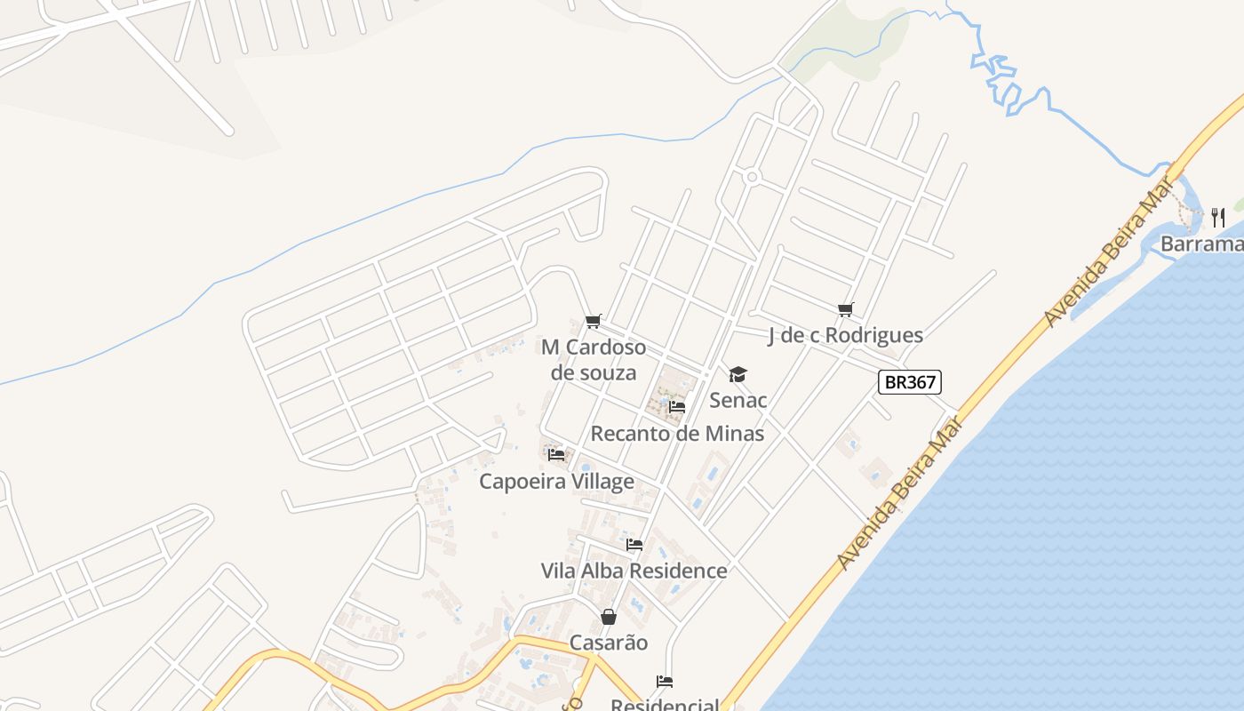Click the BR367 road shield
pyautogui.click(x=909, y=382)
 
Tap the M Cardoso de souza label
pyautogui.click(x=594, y=360)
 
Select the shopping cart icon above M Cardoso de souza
pyautogui.click(x=594, y=321)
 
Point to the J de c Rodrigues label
pyautogui.click(x=845, y=335)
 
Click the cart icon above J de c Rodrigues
pyautogui.click(x=845, y=309)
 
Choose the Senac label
pyautogui.click(x=738, y=400)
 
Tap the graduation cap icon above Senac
pyautogui.click(x=738, y=374)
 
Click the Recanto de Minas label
pyautogui.click(x=677, y=434)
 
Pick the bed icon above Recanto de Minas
pyautogui.click(x=677, y=407)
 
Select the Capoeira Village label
pyautogui.click(x=556, y=482)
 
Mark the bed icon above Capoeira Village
pyautogui.click(x=556, y=454)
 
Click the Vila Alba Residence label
pyautogui.click(x=634, y=571)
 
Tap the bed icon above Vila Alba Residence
pyautogui.click(x=634, y=544)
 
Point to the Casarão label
pyautogui.click(x=609, y=643)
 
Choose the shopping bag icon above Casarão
pyautogui.click(x=609, y=616)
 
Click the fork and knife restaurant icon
pyautogui.click(x=1218, y=217)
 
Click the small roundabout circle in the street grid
pyautogui.click(x=753, y=177)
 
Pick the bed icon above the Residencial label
pyautogui.click(x=665, y=682)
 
